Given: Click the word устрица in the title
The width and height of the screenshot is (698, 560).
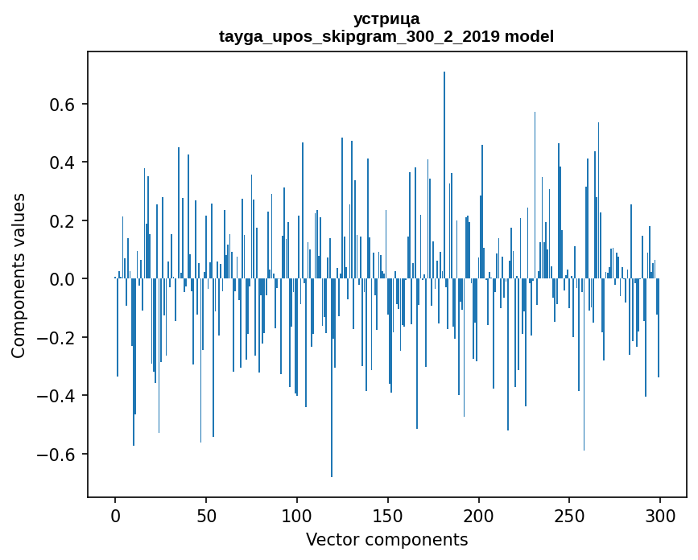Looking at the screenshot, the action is point(386,19).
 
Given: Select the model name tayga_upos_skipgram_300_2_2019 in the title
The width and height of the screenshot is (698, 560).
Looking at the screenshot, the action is point(359,36).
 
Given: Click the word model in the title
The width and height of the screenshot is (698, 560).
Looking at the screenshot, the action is point(529,36).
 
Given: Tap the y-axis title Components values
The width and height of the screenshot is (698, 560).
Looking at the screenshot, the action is point(19,276).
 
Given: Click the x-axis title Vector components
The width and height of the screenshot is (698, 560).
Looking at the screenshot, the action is point(386,540).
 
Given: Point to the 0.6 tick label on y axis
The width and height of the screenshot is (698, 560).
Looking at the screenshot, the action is point(61,104).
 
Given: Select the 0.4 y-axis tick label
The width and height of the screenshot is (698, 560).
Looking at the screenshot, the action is point(61,163).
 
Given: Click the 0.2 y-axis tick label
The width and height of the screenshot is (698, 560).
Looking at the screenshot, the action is point(61,220).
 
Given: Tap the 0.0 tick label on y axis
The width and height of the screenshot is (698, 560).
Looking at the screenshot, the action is point(61,279).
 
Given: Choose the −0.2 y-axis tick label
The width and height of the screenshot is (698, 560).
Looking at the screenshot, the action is point(56,338).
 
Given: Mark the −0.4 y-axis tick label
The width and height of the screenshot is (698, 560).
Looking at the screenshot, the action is point(56,396).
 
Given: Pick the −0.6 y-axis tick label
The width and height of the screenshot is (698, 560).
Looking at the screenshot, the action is point(56,454).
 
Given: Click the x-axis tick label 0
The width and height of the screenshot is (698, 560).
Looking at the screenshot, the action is point(115,516).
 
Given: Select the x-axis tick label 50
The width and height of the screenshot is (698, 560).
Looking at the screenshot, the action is point(206,516).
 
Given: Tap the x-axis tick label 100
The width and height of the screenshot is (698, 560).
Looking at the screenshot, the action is point(297,516).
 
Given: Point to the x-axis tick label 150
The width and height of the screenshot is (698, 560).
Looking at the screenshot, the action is point(388,516).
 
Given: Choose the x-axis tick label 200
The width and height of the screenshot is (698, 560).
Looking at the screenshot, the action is point(478,516).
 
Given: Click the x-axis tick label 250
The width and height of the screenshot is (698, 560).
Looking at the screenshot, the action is point(569,516).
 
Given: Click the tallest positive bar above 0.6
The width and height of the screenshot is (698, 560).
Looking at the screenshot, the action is point(444,175).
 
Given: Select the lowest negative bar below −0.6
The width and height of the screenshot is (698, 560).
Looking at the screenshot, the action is point(332,377).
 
